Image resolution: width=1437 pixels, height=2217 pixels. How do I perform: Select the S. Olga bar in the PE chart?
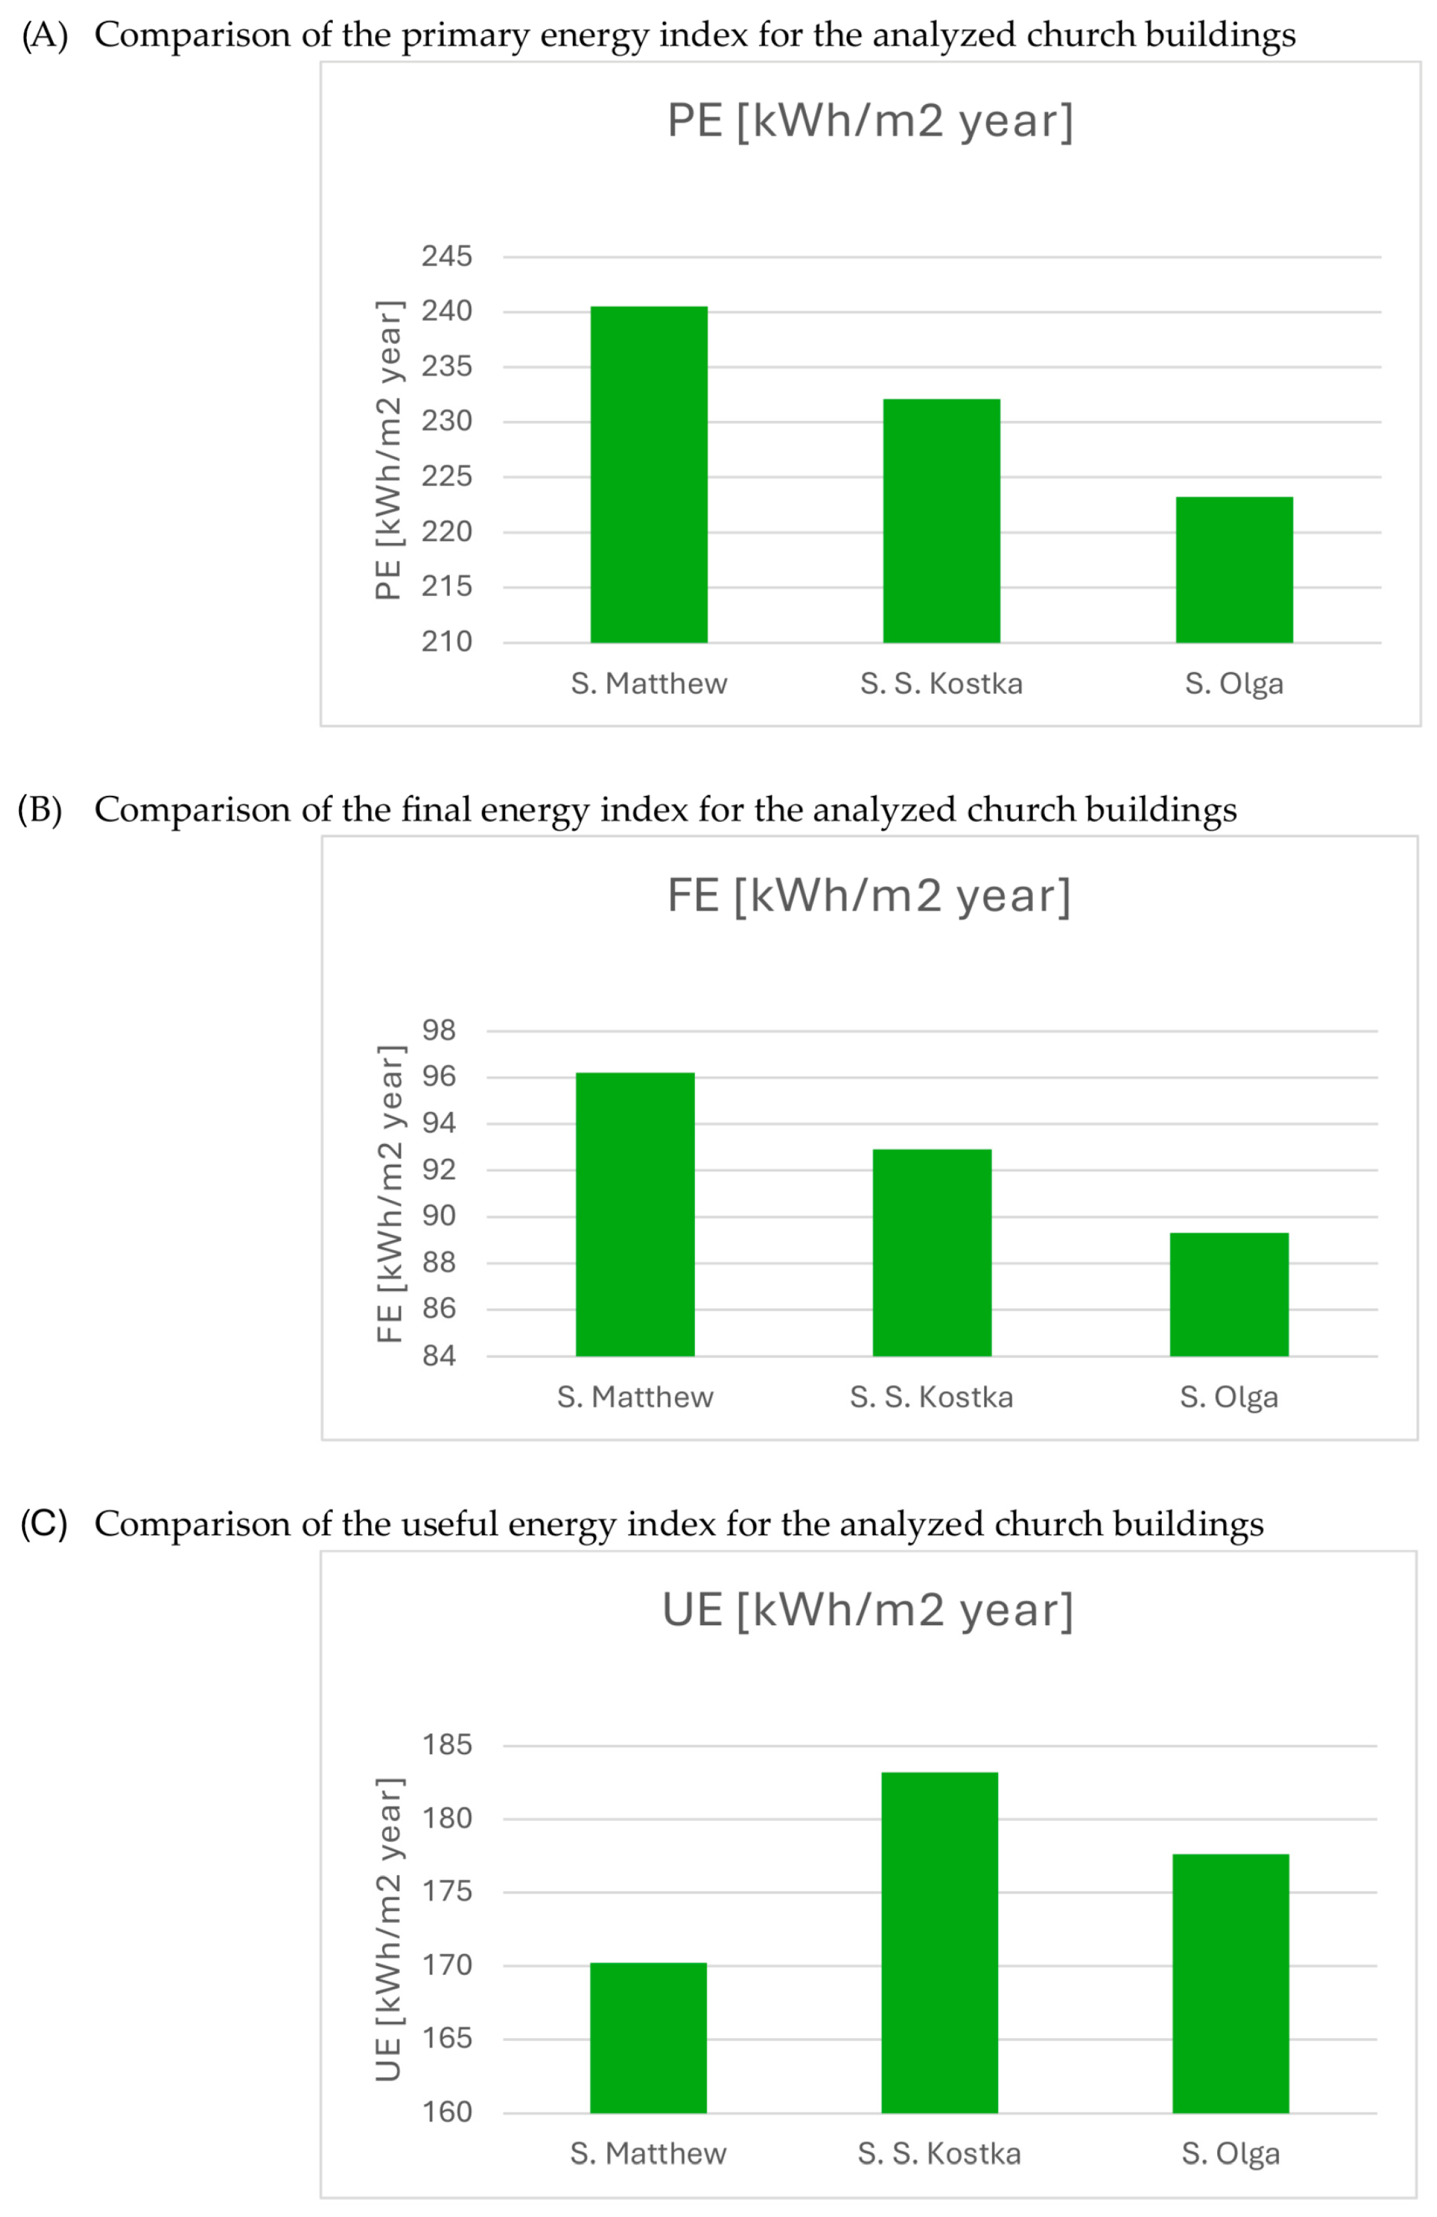point(1233,569)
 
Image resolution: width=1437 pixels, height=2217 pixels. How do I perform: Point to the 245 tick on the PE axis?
point(446,256)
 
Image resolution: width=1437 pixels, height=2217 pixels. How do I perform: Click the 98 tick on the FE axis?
point(439,1030)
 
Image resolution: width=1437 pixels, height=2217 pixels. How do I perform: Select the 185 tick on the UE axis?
point(446,1744)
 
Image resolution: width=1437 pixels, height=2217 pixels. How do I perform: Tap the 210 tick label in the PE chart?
point(446,642)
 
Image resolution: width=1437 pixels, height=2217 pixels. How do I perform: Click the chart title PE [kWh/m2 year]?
point(869,121)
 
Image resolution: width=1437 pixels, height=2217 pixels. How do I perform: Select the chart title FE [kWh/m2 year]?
point(868,896)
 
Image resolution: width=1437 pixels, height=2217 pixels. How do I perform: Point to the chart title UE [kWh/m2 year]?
point(867,1611)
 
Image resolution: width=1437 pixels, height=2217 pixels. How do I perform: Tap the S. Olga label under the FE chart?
point(1228,1397)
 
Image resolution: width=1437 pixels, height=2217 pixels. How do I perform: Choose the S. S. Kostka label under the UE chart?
point(939,2154)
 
